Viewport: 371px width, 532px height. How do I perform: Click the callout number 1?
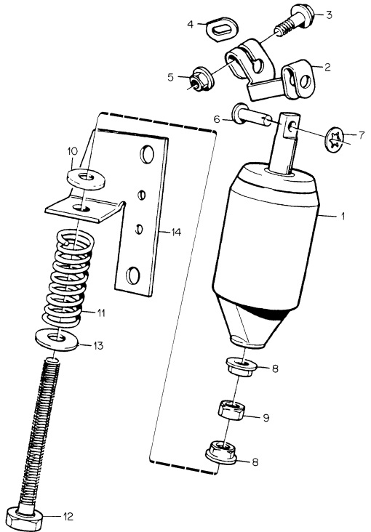[x=343, y=216]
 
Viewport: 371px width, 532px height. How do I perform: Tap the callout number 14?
[x=176, y=233]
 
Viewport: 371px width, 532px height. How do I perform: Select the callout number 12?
[x=68, y=517]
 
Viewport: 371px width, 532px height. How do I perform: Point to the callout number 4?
[x=191, y=25]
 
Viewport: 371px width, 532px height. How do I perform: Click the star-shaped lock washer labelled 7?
[x=335, y=140]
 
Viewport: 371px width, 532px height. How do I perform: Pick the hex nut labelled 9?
[x=231, y=410]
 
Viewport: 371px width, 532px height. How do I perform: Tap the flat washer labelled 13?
[x=57, y=339]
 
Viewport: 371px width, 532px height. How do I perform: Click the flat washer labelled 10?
[x=86, y=178]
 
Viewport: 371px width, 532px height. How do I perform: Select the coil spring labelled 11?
[x=68, y=278]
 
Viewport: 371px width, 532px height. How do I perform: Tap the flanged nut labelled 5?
[x=201, y=78]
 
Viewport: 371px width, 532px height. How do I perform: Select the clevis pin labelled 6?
[x=252, y=117]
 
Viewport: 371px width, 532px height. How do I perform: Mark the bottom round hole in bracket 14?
[x=132, y=275]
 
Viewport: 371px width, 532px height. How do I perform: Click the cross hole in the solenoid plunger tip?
[x=292, y=128]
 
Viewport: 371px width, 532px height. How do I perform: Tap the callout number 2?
[x=327, y=67]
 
